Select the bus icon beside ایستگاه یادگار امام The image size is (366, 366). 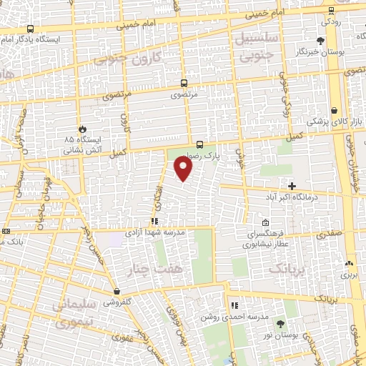[x=30, y=29]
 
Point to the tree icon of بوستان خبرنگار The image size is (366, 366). [x=321, y=40]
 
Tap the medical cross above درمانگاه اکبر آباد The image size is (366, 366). [x=292, y=186]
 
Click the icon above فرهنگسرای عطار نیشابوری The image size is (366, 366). [x=266, y=223]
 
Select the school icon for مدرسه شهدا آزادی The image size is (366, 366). [x=154, y=222]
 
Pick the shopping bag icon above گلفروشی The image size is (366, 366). [x=117, y=291]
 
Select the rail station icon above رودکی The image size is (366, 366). [x=331, y=11]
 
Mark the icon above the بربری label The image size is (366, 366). [x=350, y=263]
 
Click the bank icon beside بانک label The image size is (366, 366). [x=6, y=231]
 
